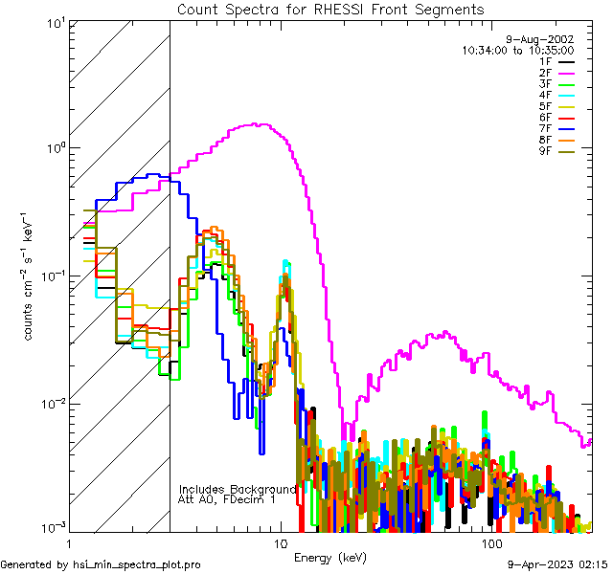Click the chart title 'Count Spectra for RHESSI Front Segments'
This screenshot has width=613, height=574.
point(330,10)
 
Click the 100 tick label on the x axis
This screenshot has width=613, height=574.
point(491,543)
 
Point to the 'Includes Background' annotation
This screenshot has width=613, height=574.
point(238,489)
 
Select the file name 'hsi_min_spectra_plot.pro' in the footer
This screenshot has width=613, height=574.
point(137,565)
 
